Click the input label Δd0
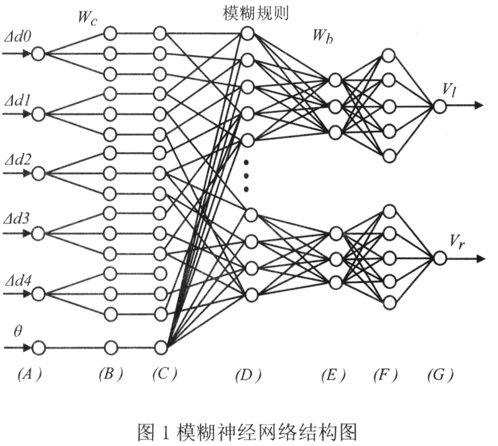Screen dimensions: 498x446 click(x=18, y=38)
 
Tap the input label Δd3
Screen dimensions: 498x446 click(x=17, y=218)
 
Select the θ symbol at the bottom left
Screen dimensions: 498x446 click(x=18, y=331)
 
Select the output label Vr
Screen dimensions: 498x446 click(x=458, y=242)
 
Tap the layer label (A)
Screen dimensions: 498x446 click(x=30, y=375)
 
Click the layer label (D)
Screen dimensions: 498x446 click(x=248, y=375)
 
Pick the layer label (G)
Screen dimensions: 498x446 click(x=440, y=375)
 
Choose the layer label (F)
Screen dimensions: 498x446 click(x=385, y=375)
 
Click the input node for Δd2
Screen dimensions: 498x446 click(x=38, y=173)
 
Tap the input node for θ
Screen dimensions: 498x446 click(x=38, y=347)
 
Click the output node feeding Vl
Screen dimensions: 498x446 click(x=440, y=106)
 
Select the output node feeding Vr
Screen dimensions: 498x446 click(x=440, y=259)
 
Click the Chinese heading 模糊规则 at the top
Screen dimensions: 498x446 click(x=255, y=13)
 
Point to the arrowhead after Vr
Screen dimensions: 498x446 click(x=480, y=259)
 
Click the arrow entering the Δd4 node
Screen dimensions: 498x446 click(x=17, y=294)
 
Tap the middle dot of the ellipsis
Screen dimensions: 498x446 click(x=246, y=176)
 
